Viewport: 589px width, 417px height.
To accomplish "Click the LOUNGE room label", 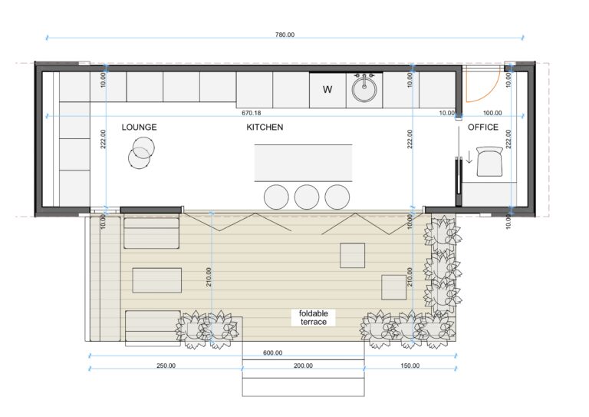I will [x=139, y=127].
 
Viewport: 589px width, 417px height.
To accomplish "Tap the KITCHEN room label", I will [x=265, y=127].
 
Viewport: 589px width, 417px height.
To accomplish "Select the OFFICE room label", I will [x=483, y=127].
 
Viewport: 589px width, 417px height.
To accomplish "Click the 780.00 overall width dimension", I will [x=285, y=35].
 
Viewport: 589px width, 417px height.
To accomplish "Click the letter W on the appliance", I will [x=327, y=90].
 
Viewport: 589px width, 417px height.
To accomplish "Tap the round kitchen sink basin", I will [x=364, y=91].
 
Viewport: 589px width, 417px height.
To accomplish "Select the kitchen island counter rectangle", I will [x=304, y=163].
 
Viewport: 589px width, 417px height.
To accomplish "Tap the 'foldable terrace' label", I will [x=313, y=317].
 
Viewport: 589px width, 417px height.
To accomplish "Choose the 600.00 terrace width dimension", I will [x=272, y=352].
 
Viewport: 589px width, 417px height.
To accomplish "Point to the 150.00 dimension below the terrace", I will [x=409, y=366].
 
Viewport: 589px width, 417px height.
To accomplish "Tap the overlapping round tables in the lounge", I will [x=140, y=152].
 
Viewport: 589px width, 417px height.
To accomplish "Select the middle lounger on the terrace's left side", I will [x=157, y=280].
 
